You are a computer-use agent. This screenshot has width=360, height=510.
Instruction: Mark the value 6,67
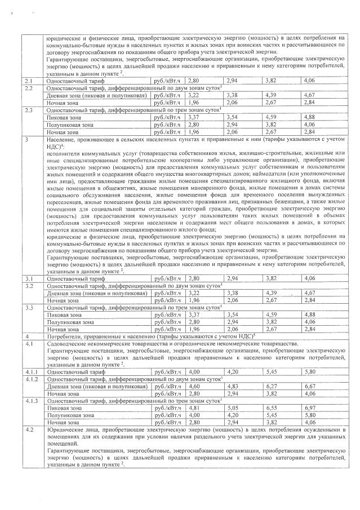[x=309, y=386]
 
